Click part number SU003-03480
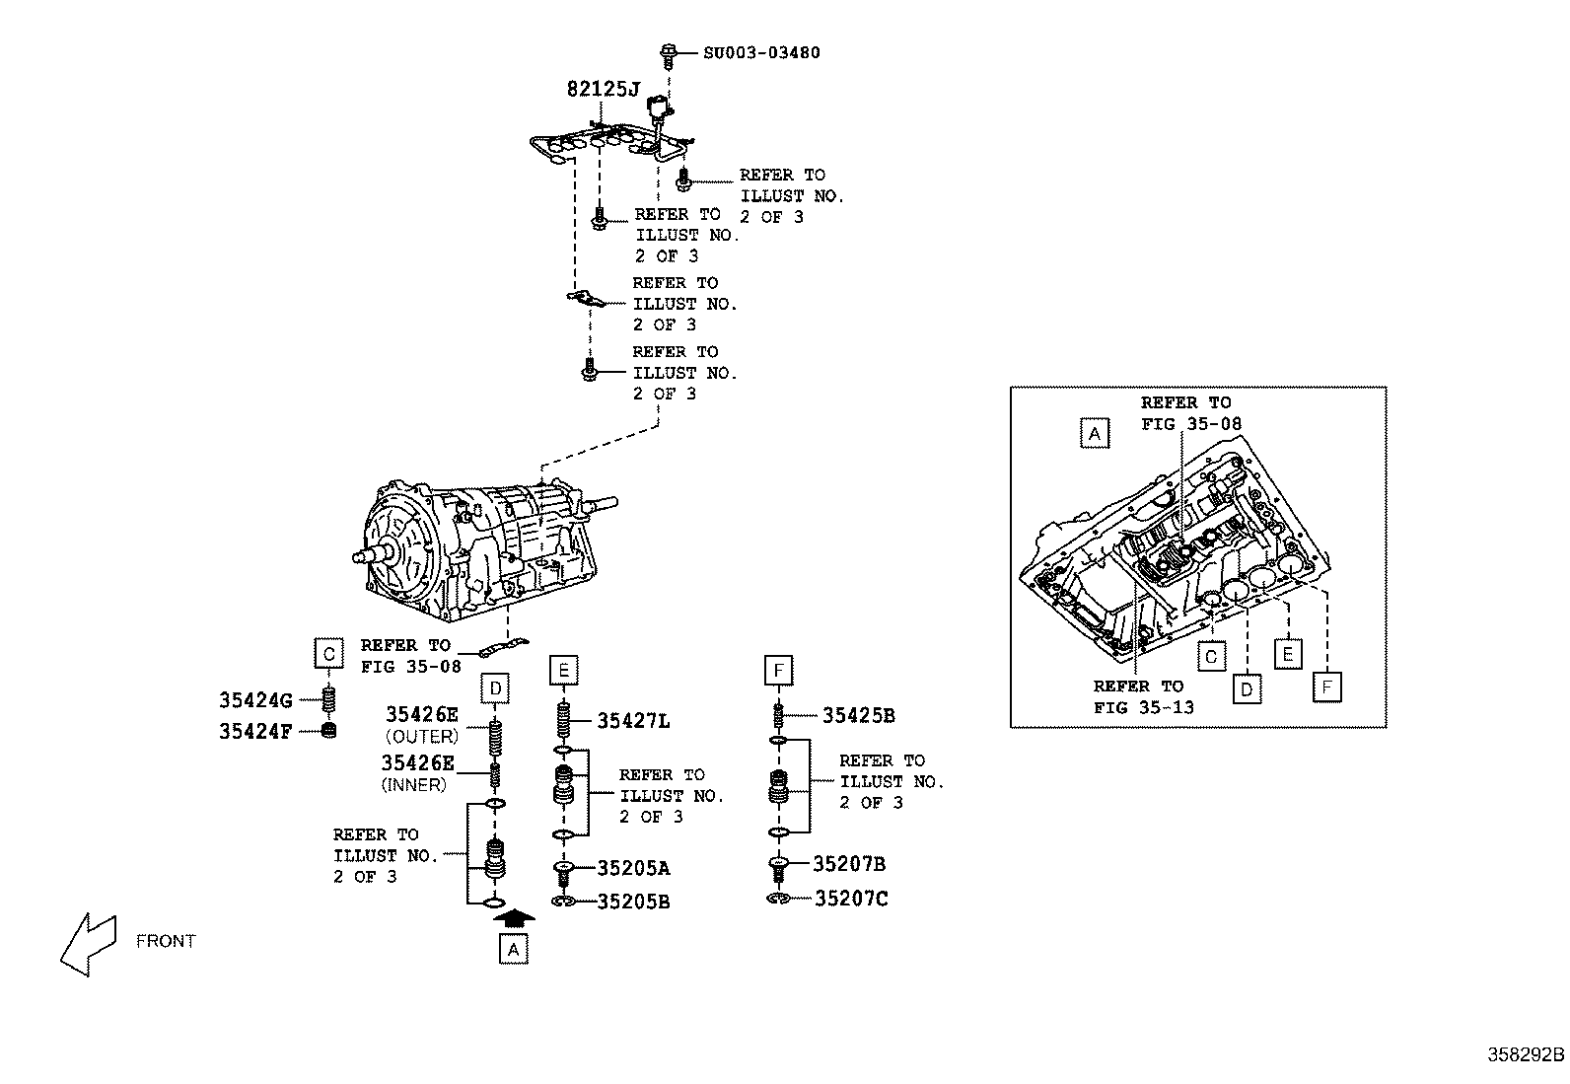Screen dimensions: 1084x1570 760,52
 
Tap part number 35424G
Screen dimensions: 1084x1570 255,701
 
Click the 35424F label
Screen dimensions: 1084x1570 255,732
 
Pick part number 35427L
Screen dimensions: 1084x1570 633,721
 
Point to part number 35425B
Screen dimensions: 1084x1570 858,716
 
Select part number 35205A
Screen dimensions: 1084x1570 633,869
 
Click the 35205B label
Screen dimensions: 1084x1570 633,902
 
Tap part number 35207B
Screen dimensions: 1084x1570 849,865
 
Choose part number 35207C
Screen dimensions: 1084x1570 850,899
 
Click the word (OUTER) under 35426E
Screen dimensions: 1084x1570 421,737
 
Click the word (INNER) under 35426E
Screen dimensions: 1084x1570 413,785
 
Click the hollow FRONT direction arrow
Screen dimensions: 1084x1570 87,943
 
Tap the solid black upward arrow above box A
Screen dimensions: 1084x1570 513,917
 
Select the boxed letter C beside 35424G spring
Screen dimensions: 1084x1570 329,653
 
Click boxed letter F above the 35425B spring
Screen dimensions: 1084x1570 778,671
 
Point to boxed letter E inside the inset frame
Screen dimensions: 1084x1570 1287,654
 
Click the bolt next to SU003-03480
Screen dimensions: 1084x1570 668,52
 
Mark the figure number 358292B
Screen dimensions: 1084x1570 1526,1053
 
